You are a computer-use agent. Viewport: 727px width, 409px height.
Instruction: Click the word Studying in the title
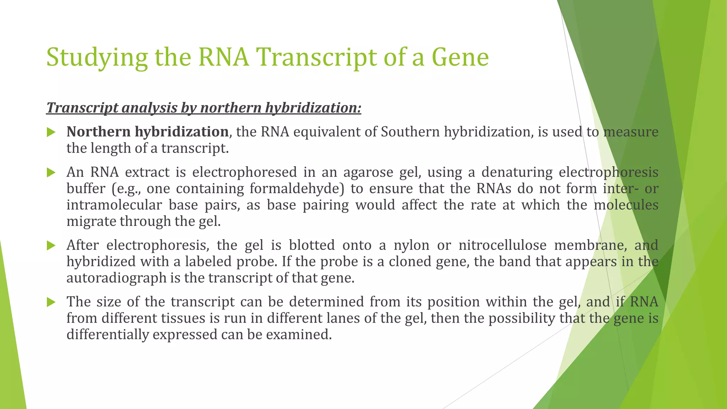click(x=97, y=58)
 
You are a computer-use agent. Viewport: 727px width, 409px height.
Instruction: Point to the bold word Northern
click(x=98, y=132)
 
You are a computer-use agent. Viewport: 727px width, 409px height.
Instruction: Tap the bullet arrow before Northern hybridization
click(x=51, y=133)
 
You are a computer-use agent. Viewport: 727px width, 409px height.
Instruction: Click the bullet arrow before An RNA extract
click(x=51, y=173)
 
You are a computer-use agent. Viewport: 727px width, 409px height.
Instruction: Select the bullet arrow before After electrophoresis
click(x=51, y=246)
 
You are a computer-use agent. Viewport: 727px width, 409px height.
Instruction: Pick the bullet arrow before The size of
click(x=51, y=302)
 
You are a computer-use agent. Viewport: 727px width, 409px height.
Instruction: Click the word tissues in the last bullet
click(x=183, y=318)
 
